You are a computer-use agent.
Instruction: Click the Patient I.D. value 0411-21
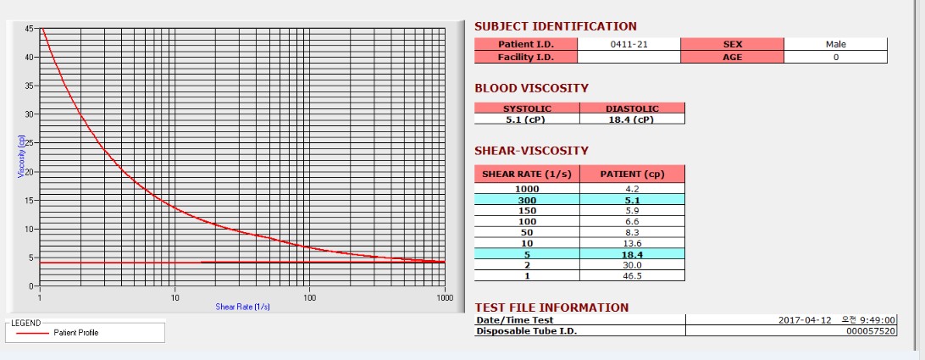[x=629, y=44]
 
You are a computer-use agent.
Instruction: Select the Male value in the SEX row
[x=835, y=44]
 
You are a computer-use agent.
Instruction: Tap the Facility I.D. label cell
[x=525, y=57]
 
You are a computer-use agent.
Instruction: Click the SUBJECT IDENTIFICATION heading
[x=555, y=26]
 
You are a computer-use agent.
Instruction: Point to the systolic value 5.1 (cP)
[x=527, y=119]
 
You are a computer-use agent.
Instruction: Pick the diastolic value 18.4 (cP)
[x=632, y=119]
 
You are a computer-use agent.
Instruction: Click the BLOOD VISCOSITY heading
[x=531, y=88]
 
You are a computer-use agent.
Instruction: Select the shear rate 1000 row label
[x=527, y=190]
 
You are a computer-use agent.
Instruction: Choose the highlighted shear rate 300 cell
[x=527, y=201]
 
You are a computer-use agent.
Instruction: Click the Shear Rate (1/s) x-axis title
[x=242, y=306]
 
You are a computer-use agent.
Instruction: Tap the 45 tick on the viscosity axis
[x=30, y=28]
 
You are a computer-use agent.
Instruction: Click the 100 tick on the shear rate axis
[x=310, y=297]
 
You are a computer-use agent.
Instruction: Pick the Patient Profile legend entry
[x=75, y=333]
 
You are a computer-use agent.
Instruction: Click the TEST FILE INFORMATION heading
[x=551, y=307]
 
